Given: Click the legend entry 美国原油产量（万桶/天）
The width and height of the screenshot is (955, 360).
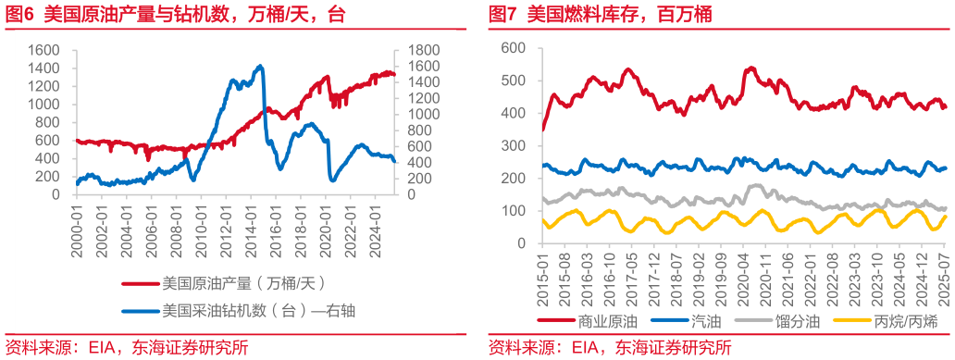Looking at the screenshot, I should [x=231, y=282].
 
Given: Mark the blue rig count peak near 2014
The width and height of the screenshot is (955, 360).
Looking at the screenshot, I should [x=261, y=67].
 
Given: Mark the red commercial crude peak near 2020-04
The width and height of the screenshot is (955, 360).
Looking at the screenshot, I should [x=750, y=68].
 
